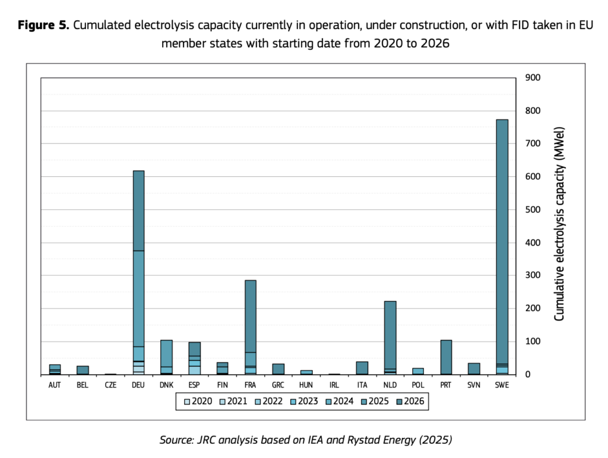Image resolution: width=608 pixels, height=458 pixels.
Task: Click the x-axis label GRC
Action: pos(278,384)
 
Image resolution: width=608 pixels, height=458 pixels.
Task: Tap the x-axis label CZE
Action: pos(110,384)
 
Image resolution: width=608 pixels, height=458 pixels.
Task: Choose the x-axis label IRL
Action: pos(334,384)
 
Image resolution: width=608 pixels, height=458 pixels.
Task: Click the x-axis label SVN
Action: pos(474,384)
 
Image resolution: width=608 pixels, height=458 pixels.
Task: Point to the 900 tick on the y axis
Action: pos(532,78)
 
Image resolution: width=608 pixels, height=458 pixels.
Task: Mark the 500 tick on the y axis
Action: pos(532,209)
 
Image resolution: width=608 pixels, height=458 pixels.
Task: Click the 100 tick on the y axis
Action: pos(532,341)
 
